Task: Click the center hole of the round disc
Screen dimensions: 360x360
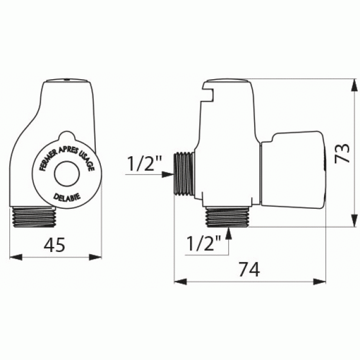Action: click(x=66, y=173)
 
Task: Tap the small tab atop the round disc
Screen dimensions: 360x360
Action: click(x=66, y=136)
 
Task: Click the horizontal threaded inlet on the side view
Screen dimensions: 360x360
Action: click(x=184, y=174)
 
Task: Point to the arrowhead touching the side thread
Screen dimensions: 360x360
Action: click(x=168, y=174)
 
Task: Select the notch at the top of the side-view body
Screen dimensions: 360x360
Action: click(x=208, y=92)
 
